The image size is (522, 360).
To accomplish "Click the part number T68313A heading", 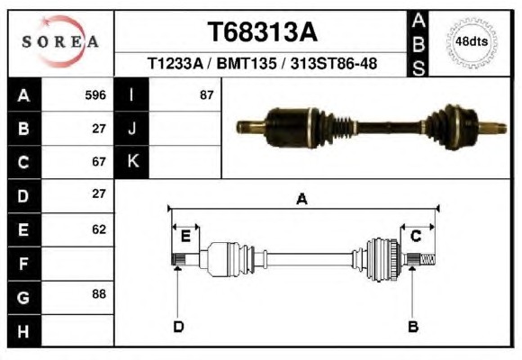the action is tap(262, 32).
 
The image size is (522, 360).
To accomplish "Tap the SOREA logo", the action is tap(60, 41).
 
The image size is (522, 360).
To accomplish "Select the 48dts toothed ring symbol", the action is tap(472, 42).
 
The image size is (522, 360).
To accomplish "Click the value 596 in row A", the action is tap(95, 95).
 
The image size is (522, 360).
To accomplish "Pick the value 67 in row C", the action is tap(99, 161).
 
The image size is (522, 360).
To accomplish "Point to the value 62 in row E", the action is tap(99, 229).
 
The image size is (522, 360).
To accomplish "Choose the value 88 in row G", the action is tap(99, 293).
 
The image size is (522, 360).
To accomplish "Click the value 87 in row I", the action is tap(206, 95).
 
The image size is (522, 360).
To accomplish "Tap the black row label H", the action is tap(24, 331).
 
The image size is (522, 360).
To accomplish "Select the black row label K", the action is tap(131, 162).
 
